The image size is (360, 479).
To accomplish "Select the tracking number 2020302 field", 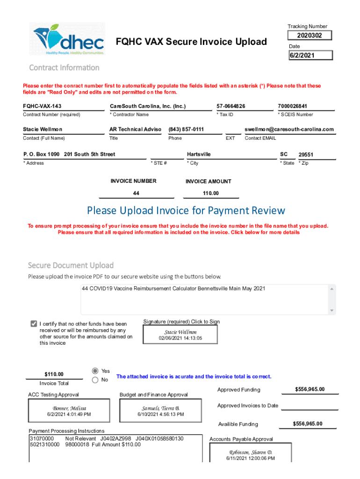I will [310, 36].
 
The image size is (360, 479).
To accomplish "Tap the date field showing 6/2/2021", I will [310, 55].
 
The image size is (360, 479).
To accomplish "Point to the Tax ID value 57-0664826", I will [231, 106].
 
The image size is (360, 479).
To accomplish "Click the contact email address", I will [289, 129].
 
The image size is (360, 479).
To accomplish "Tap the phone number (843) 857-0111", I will [186, 129].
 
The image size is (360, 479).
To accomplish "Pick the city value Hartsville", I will [199, 154].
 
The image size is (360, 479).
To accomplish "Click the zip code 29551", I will [306, 154].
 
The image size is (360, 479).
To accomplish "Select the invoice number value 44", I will [136, 193].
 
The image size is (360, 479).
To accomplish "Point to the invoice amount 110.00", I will [211, 193].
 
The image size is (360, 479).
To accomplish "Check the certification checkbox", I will [34, 324].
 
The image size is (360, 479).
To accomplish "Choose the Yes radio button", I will [95, 370].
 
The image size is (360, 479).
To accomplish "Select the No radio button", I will [95, 380].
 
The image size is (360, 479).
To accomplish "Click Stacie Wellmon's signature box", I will [180, 334].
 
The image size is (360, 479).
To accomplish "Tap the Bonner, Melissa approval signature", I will [69, 411].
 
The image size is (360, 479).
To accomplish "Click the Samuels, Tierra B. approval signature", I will [161, 411].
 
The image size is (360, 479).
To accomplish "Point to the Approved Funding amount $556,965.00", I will [310, 389].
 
